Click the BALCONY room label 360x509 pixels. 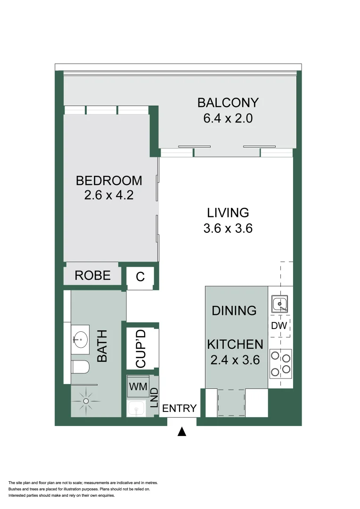[x=228, y=103]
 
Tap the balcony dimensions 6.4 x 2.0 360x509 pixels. [x=228, y=118]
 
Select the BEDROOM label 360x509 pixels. [x=109, y=181]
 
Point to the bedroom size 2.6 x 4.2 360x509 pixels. [x=109, y=195]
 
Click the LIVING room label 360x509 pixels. [x=228, y=213]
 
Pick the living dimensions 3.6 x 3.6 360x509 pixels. [x=228, y=229]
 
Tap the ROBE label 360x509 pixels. [x=92, y=276]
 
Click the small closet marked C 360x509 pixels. [x=140, y=277]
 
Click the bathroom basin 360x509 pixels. [x=81, y=338]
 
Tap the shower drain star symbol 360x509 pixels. [x=86, y=401]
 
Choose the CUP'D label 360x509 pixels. [x=141, y=349]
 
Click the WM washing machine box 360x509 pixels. [x=138, y=387]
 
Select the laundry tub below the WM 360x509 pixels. [x=137, y=408]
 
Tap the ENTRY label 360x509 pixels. [x=179, y=409]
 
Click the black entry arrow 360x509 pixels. [x=182, y=432]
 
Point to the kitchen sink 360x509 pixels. [x=280, y=304]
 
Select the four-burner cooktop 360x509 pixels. [x=280, y=363]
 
